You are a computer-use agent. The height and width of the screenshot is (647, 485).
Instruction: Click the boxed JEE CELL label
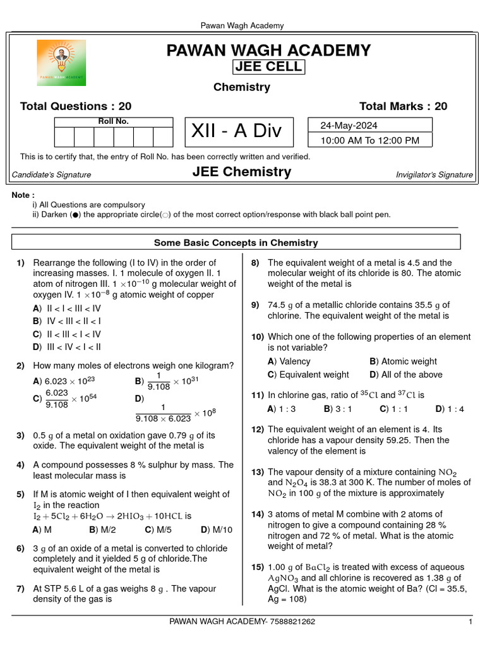[268, 67]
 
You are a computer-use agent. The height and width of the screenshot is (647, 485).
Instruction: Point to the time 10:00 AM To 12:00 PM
[369, 140]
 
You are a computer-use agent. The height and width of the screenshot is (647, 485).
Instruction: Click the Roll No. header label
[113, 121]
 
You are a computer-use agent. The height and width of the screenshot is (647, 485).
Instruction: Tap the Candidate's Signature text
[51, 175]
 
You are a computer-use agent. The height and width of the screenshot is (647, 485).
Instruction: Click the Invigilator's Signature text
[434, 175]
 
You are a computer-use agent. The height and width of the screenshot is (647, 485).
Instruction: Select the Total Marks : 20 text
[403, 106]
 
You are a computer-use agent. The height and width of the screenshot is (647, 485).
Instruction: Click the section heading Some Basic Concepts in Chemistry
[236, 243]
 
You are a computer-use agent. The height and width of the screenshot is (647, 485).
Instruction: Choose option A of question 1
[67, 308]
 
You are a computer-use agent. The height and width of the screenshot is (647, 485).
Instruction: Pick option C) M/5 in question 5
[158, 529]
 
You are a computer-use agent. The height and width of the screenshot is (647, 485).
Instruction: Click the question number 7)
[21, 588]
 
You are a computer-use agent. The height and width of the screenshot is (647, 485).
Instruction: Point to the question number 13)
[257, 472]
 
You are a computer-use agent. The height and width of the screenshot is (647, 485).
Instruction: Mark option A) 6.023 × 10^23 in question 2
[64, 381]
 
